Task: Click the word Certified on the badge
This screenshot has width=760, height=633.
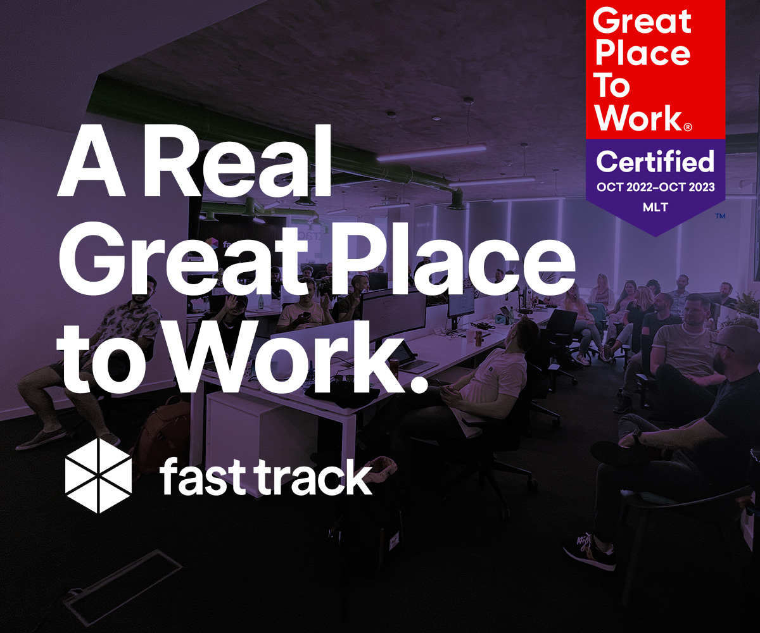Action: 655,162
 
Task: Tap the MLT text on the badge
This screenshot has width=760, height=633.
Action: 655,208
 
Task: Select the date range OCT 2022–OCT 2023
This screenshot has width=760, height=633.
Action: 655,187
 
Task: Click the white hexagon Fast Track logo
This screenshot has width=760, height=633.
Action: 98,475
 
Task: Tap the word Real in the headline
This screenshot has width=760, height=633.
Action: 237,161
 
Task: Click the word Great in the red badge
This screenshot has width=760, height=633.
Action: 642,22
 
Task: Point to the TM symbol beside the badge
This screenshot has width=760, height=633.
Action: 720,216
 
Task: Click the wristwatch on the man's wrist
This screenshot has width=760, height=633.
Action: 637,436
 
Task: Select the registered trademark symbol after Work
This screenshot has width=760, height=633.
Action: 688,127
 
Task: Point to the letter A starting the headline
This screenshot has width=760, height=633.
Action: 91,161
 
